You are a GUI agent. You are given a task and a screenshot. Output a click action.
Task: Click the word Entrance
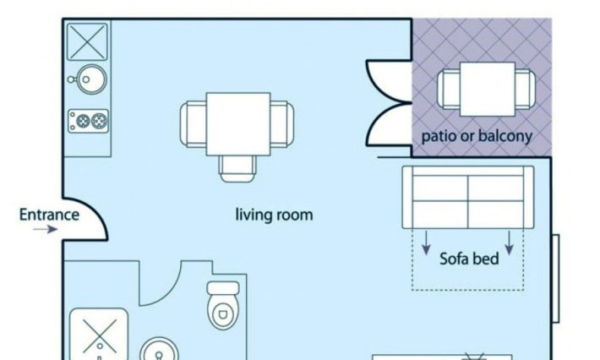point(49,215)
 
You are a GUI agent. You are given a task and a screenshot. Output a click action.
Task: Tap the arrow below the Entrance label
point(45,229)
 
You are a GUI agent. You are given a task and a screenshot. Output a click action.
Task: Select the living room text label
point(274,215)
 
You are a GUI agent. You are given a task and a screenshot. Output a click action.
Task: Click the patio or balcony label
point(477,136)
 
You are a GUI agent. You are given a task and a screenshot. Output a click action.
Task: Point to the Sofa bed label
point(469,259)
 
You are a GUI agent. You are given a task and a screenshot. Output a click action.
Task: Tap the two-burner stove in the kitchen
point(89,122)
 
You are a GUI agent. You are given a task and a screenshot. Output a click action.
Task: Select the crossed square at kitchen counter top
point(87,41)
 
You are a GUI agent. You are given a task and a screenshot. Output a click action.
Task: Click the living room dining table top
point(238,124)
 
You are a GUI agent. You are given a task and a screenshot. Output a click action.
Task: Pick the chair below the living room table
point(237,168)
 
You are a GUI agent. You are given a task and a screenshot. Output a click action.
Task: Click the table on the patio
point(487,89)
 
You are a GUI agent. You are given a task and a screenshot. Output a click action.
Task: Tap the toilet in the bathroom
point(223,305)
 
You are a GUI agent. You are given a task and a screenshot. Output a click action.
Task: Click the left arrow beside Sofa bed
point(426,243)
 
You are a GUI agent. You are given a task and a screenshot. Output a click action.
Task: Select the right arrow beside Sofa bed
point(509,243)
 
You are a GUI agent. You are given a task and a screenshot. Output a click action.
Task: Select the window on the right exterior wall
point(555,279)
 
